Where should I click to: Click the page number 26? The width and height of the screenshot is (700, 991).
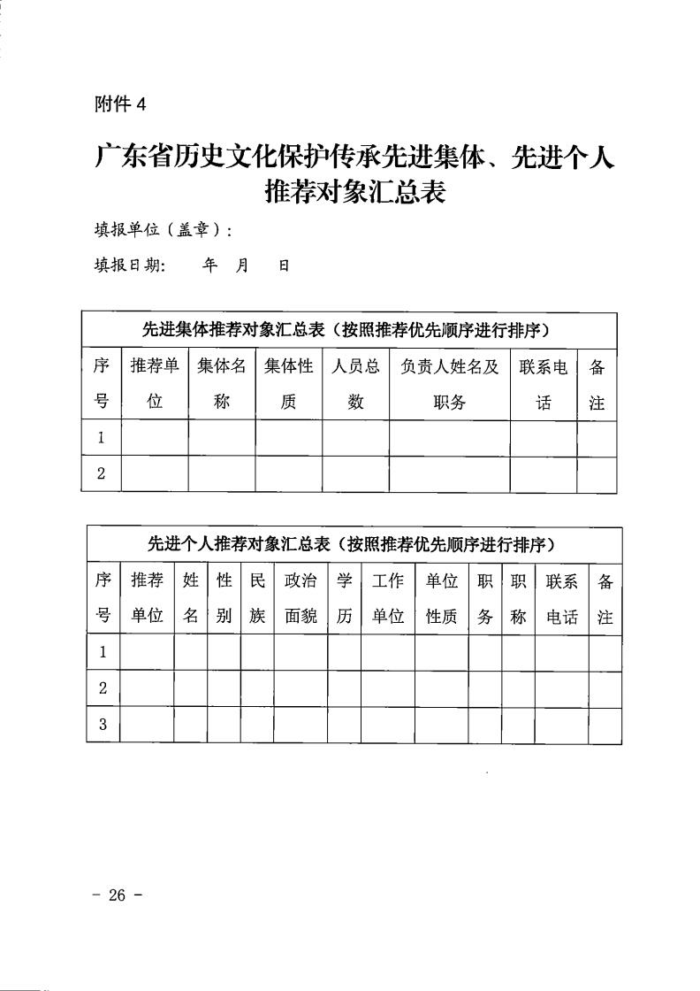pyautogui.click(x=117, y=895)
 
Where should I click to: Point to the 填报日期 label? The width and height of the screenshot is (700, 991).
pyautogui.click(x=130, y=265)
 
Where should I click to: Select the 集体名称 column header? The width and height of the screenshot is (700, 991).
pyautogui.click(x=222, y=384)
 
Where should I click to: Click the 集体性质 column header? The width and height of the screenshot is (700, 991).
pyautogui.click(x=289, y=384)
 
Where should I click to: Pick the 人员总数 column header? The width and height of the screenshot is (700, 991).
pyautogui.click(x=355, y=384)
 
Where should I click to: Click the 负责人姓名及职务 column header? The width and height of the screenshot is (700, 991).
pyautogui.click(x=450, y=384)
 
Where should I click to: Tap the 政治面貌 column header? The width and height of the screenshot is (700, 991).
pyautogui.click(x=301, y=599)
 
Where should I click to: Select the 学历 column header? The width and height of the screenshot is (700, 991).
pyautogui.click(x=344, y=599)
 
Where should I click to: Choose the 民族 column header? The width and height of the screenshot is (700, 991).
pyautogui.click(x=257, y=599)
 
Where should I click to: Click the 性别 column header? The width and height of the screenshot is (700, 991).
pyautogui.click(x=224, y=599)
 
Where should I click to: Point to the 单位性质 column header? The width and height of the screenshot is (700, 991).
pyautogui.click(x=442, y=599)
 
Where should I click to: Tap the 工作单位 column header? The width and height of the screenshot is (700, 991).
pyautogui.click(x=388, y=599)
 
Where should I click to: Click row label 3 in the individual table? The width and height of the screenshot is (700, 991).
pyautogui.click(x=103, y=726)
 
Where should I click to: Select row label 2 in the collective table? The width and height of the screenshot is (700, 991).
pyautogui.click(x=102, y=474)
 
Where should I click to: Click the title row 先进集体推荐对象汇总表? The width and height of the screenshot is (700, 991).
pyautogui.click(x=349, y=330)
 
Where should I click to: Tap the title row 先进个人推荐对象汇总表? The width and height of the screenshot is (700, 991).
pyautogui.click(x=354, y=544)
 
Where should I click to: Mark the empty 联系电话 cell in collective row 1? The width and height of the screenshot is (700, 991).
pyautogui.click(x=544, y=438)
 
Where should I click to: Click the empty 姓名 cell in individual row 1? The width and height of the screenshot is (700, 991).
pyautogui.click(x=191, y=654)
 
